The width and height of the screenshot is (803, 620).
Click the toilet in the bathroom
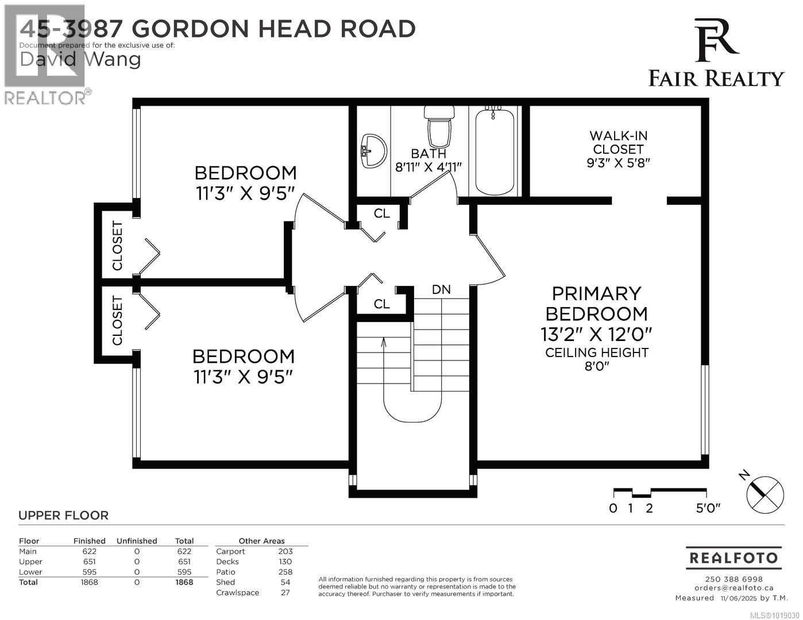pyautogui.click(x=439, y=126)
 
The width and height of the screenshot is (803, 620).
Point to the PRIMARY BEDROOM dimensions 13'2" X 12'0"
pyautogui.click(x=596, y=334)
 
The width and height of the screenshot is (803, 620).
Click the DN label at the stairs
pyautogui.click(x=441, y=290)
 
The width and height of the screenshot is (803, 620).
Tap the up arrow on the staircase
pyautogui.click(x=384, y=343)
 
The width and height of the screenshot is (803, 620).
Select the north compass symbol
pyautogui.click(x=764, y=492)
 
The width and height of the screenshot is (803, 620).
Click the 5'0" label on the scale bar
pyautogui.click(x=708, y=508)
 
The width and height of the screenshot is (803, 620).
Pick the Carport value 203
pyautogui.click(x=285, y=551)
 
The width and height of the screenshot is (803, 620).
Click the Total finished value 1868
pyautogui.click(x=89, y=582)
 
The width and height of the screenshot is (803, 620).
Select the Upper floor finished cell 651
pyautogui.click(x=89, y=561)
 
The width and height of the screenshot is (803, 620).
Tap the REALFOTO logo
pyautogui.click(x=733, y=557)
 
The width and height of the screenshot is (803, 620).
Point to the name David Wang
pyautogui.click(x=80, y=59)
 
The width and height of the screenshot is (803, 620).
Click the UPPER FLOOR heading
pyautogui.click(x=63, y=516)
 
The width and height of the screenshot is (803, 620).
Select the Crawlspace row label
pyautogui.click(x=237, y=592)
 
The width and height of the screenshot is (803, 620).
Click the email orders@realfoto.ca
pyautogui.click(x=733, y=587)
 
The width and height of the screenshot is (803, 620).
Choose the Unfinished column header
pyautogui.click(x=137, y=541)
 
